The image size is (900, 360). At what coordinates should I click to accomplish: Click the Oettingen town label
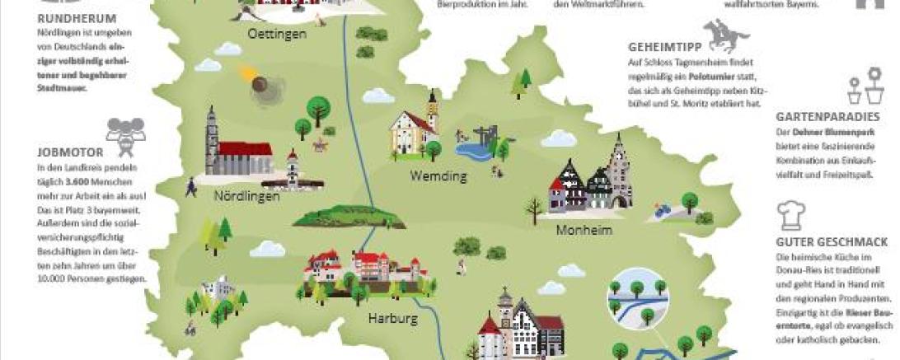pos(277,34)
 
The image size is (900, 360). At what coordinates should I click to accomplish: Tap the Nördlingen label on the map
pos(246,197)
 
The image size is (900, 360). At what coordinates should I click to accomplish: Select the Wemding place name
pos(438,176)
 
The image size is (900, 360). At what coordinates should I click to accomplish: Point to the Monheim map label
pos(584,230)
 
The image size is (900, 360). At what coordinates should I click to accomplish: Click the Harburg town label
pos(391,318)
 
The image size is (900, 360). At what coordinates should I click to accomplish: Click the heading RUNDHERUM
pos(77,17)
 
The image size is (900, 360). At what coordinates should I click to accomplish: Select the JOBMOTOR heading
pos(70,152)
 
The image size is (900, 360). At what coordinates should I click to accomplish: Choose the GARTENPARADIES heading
pos(832,117)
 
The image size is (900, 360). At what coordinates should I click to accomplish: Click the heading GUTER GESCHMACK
pos(832,242)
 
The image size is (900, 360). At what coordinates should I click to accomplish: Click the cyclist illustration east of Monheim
pos(661,210)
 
